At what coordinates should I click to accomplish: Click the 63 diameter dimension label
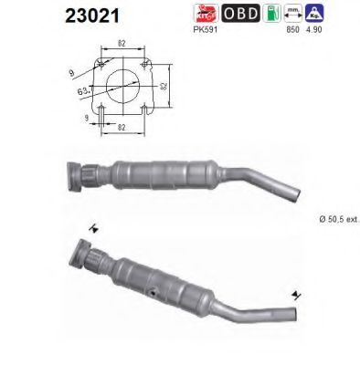click(x=83, y=89)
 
